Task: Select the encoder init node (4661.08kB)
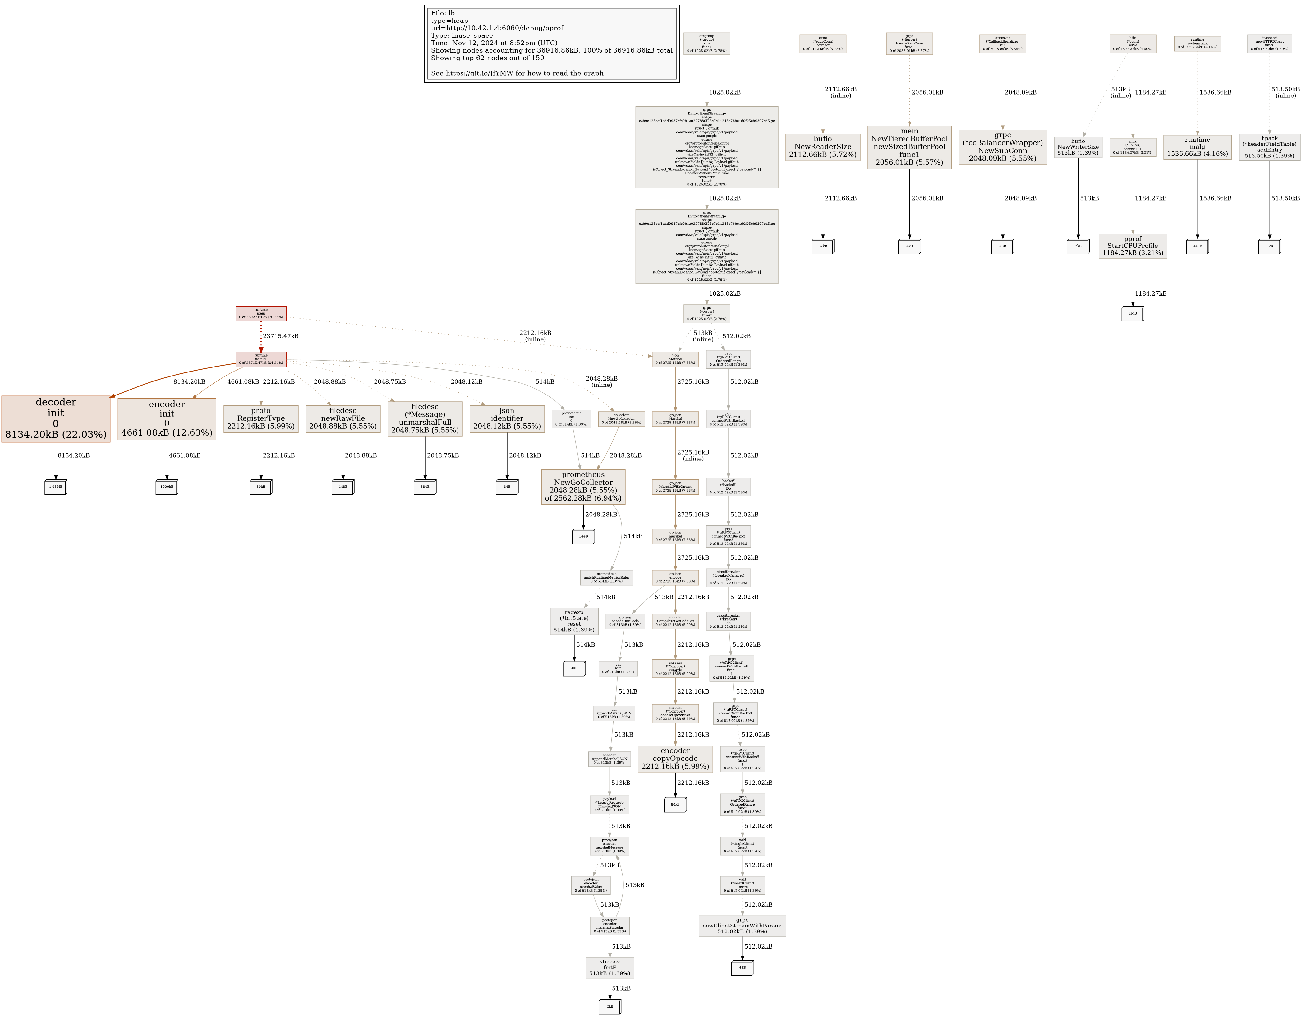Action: pyautogui.click(x=167, y=418)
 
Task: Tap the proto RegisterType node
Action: pyautogui.click(x=260, y=418)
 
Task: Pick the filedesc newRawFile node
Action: pyautogui.click(x=343, y=418)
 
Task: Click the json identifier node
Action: pyautogui.click(x=507, y=418)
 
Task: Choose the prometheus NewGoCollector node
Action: pyautogui.click(x=583, y=487)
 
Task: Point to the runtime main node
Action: pyautogui.click(x=260, y=314)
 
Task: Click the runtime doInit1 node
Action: pyautogui.click(x=260, y=359)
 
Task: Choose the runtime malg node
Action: pyautogui.click(x=1197, y=147)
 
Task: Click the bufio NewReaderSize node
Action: pyautogui.click(x=823, y=147)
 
